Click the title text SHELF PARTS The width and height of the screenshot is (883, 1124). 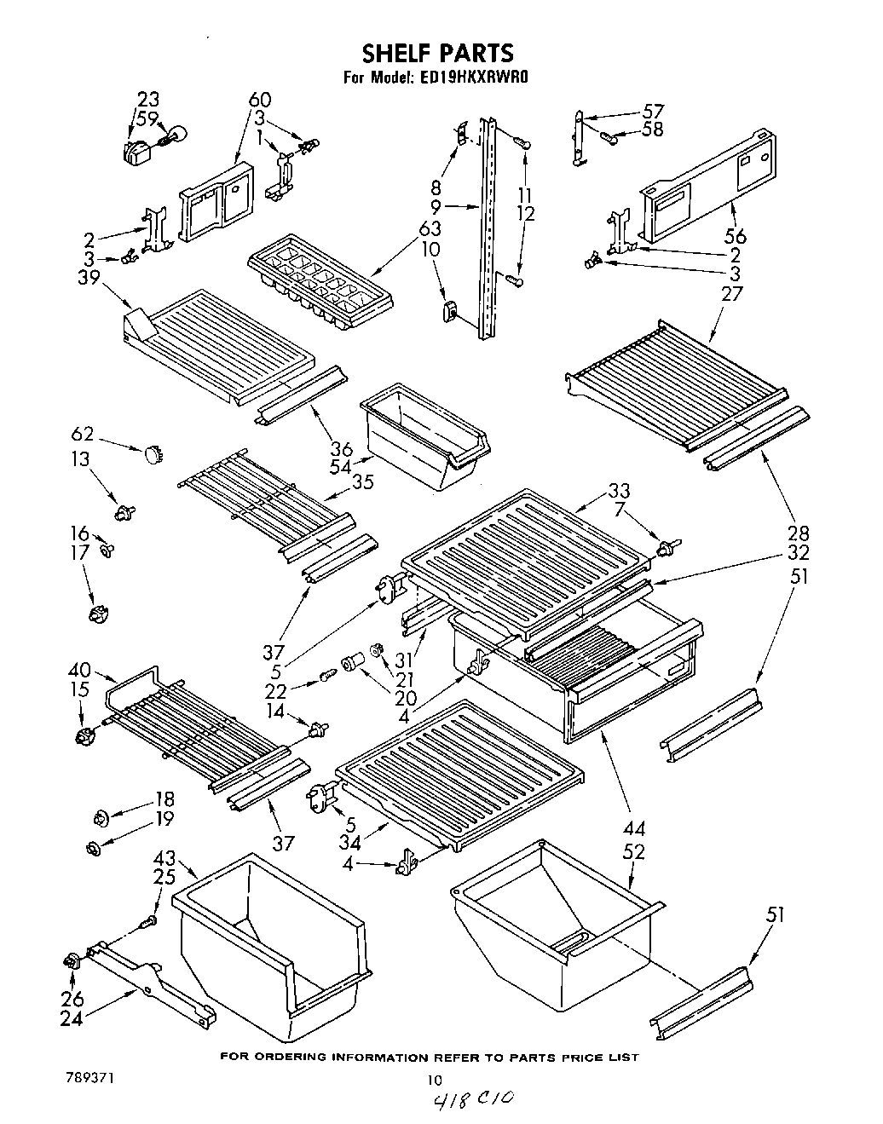tap(437, 54)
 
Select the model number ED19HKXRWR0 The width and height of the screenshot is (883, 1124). tap(474, 78)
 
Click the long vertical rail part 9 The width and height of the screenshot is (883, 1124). tap(487, 228)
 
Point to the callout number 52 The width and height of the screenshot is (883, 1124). tap(634, 850)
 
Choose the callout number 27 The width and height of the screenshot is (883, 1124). tap(731, 293)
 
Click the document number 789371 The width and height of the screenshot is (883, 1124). tap(89, 1078)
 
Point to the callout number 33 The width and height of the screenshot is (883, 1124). tap(619, 491)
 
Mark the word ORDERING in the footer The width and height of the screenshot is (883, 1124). tap(316, 1058)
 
